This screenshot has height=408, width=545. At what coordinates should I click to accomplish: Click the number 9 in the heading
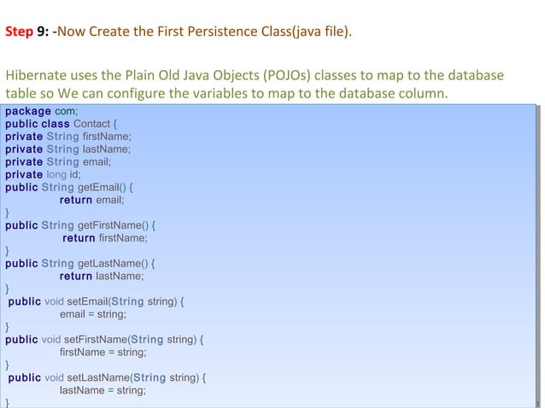point(41,33)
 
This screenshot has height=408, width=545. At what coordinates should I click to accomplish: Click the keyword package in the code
point(27,111)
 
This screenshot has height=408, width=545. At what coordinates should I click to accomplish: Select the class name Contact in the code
point(91,124)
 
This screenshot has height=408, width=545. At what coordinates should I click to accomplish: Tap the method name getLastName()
point(114,264)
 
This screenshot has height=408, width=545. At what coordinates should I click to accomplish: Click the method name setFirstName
point(96,340)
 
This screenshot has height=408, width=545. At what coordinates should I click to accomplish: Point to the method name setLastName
point(98,377)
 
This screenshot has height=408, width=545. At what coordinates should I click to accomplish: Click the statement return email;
point(92,201)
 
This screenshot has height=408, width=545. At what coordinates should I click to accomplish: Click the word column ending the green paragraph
point(424,93)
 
